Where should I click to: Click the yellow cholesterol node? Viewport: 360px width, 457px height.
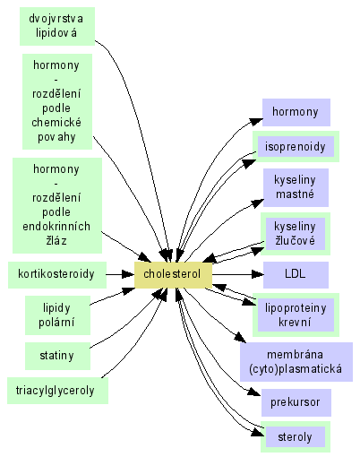pyautogui.click(x=173, y=275)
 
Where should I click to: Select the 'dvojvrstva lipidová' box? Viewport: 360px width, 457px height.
pyautogui.click(x=57, y=26)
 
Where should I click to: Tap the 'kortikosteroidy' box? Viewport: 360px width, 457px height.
pyautogui.click(x=57, y=275)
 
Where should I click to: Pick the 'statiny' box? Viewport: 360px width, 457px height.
pyautogui.click(x=57, y=356)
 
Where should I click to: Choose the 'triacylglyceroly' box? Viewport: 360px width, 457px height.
pyautogui.click(x=57, y=391)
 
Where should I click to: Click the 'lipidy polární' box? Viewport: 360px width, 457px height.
pyautogui.click(x=57, y=315)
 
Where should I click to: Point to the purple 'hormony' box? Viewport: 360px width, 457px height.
pyautogui.click(x=296, y=112)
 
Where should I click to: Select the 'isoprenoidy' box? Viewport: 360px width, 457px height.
pyautogui.click(x=296, y=147)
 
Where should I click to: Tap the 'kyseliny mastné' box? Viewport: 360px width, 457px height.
pyautogui.click(x=296, y=187)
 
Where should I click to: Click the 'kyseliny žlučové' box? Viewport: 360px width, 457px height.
pyautogui.click(x=296, y=234)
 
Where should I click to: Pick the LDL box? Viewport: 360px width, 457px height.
pyautogui.click(x=296, y=275)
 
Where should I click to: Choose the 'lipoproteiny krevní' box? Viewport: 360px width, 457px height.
pyautogui.click(x=296, y=315)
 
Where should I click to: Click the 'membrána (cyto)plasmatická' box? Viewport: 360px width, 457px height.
pyautogui.click(x=296, y=362)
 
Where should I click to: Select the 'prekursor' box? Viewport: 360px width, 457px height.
pyautogui.click(x=296, y=402)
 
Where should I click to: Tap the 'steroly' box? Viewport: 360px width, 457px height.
pyautogui.click(x=296, y=436)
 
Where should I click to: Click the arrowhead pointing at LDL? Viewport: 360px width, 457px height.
pyautogui.click(x=258, y=274)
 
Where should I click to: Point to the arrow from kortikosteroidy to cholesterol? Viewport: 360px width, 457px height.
pyautogui.click(x=120, y=274)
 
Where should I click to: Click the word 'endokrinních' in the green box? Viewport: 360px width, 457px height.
pyautogui.click(x=56, y=227)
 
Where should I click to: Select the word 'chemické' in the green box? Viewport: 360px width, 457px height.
pyautogui.click(x=56, y=123)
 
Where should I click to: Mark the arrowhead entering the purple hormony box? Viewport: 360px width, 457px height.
pyautogui.click(x=256, y=121)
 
